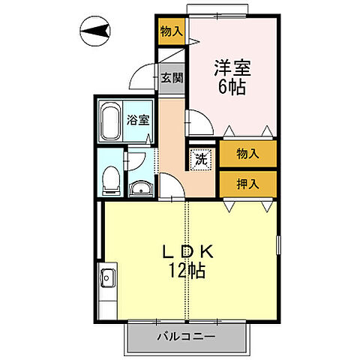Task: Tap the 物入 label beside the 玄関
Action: click(172, 31)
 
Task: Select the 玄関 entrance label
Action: click(170, 78)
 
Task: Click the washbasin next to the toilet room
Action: click(140, 188)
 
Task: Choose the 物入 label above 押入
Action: click(247, 154)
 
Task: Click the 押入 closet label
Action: click(247, 183)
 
